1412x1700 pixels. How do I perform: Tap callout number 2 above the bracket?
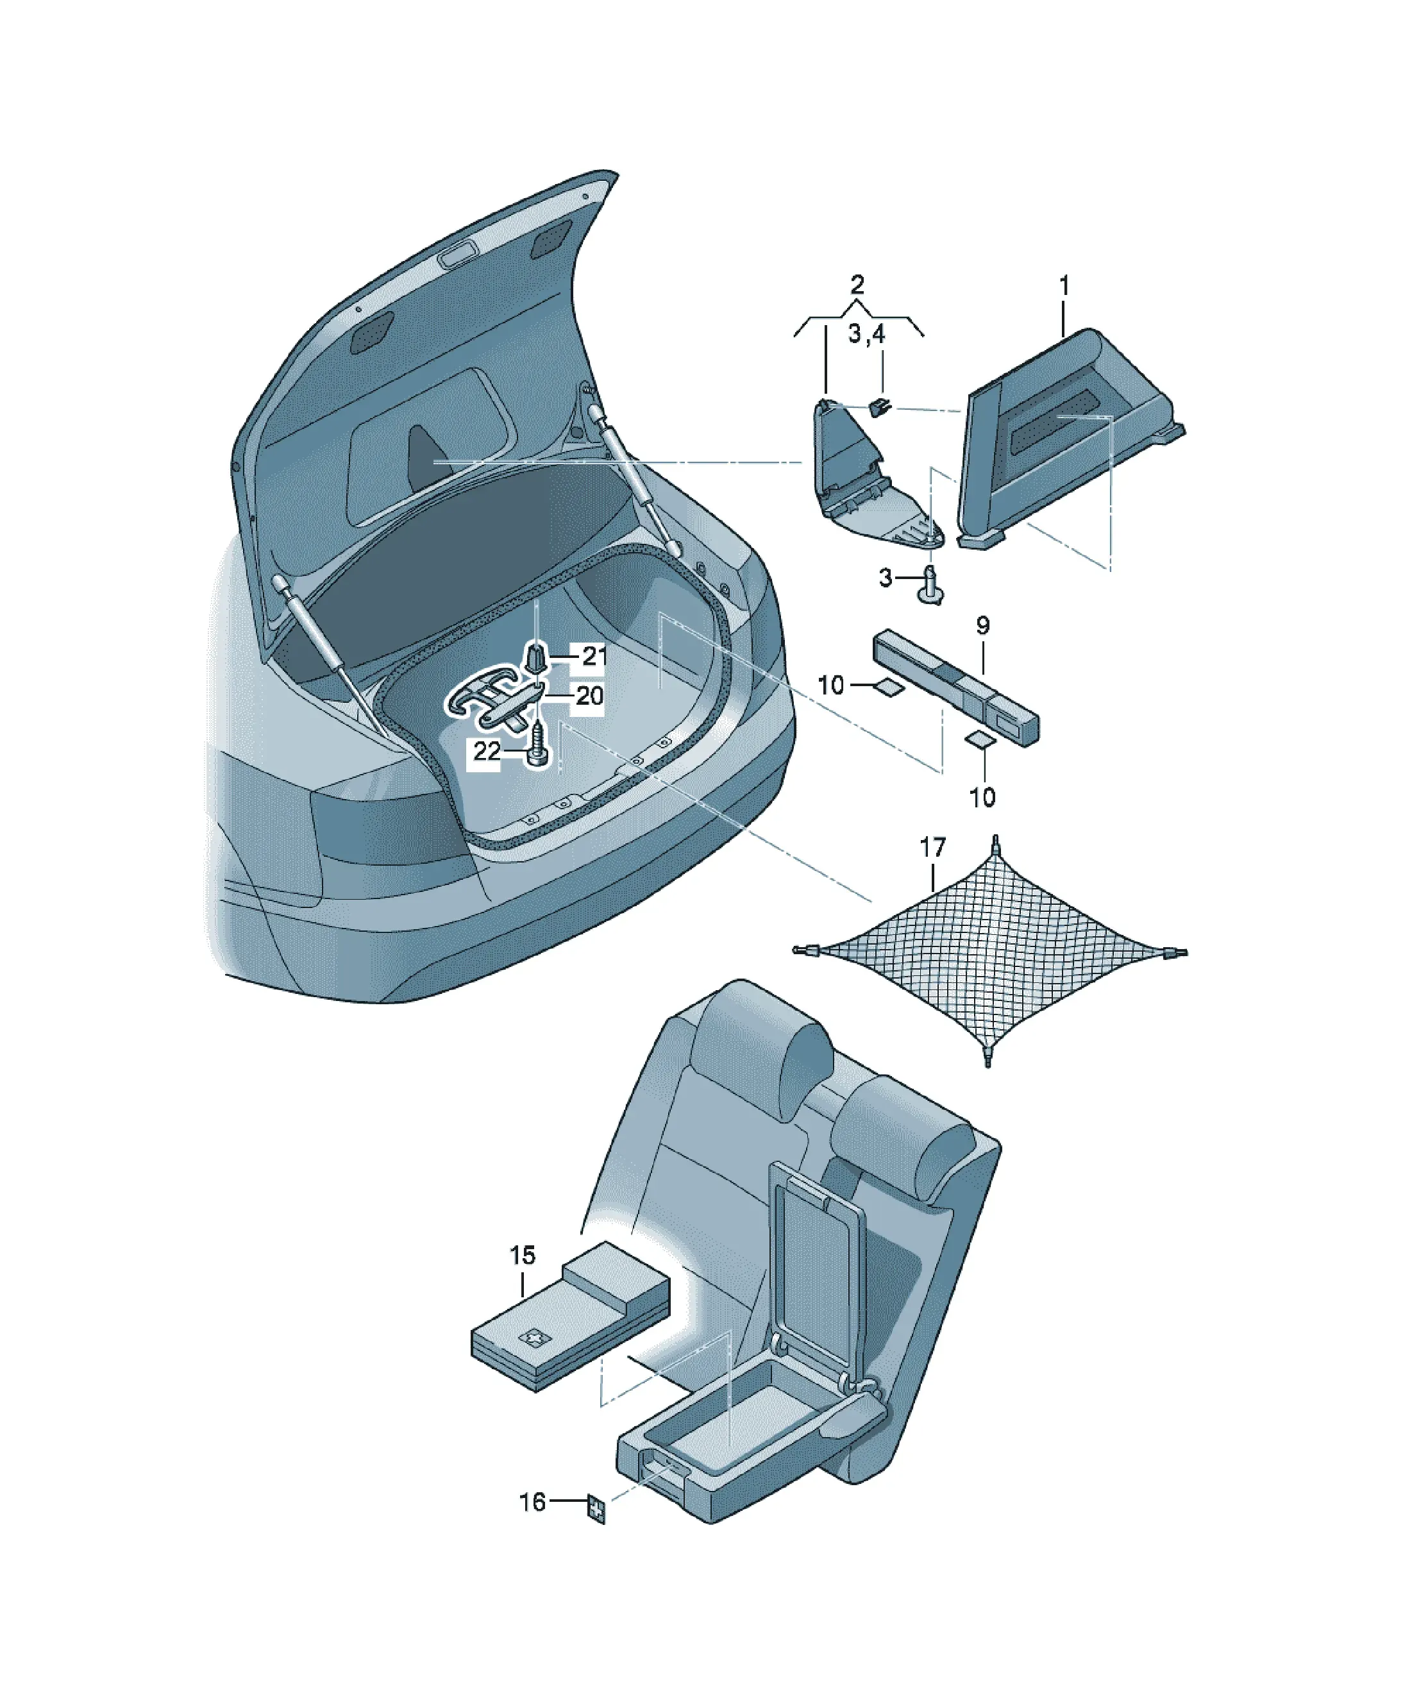click(857, 284)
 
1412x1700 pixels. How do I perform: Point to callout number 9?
click(982, 625)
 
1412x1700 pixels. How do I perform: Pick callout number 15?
click(522, 1256)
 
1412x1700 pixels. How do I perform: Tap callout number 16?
click(532, 1502)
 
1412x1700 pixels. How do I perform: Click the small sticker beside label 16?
click(597, 1508)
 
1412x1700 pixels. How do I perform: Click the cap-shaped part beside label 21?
click(537, 657)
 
